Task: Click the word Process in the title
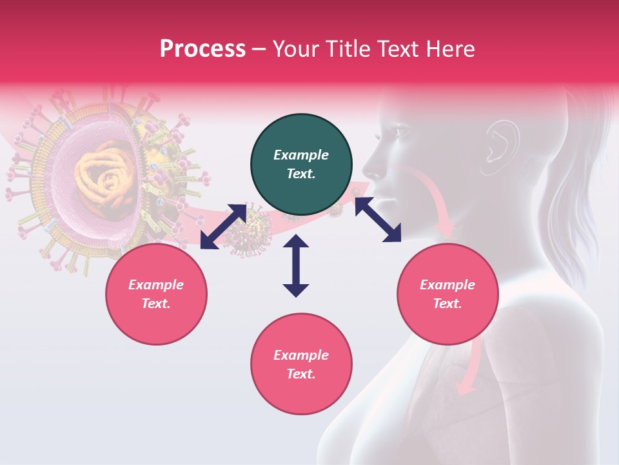(202, 49)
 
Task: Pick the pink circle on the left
(156, 294)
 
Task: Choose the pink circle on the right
(447, 294)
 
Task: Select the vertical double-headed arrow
(296, 265)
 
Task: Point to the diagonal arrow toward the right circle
(378, 220)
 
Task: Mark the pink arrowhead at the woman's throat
(445, 229)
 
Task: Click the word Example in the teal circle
(301, 155)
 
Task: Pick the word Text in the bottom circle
(301, 374)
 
